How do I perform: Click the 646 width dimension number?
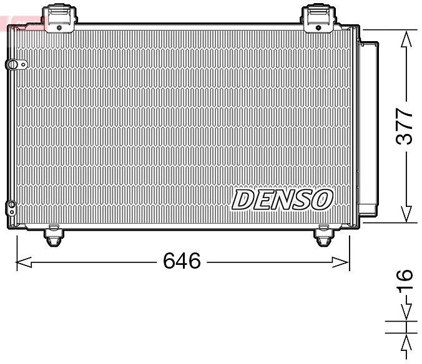[x=182, y=261]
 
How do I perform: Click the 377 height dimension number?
[x=405, y=127]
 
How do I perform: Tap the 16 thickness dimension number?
[x=405, y=279]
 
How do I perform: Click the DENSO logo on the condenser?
[x=282, y=199]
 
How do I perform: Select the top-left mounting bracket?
[x=59, y=19]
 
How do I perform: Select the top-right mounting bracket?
[x=318, y=19]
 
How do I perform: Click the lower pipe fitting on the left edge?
[x=11, y=208]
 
